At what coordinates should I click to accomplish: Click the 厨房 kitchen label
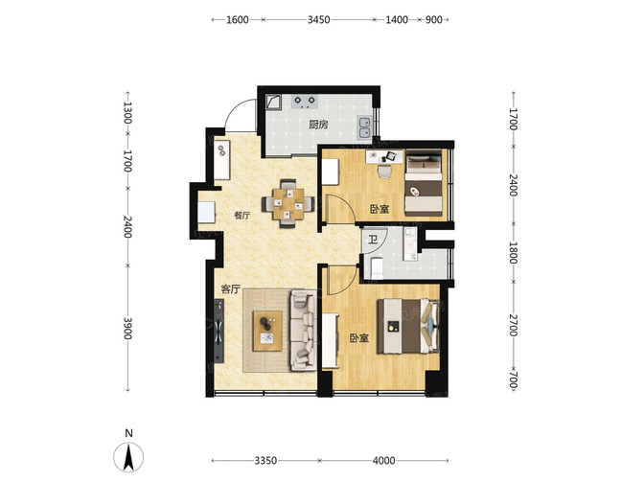coord(318,124)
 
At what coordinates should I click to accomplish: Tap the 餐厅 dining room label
coord(241,216)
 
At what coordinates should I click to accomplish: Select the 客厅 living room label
coord(230,289)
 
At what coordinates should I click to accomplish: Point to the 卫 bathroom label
coord(373,239)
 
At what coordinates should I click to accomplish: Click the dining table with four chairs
coord(288,204)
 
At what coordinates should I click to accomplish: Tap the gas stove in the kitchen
coord(305,102)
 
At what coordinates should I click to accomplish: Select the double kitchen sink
coord(364,127)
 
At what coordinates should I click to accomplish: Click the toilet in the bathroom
coord(377,267)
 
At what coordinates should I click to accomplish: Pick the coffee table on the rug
coord(267,331)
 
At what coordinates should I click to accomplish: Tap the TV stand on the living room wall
coord(218,331)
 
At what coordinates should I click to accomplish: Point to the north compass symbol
coord(128,457)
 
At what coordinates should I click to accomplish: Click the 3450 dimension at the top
coord(319,20)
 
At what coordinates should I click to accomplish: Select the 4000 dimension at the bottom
coord(383,461)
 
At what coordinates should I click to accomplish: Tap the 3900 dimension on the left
coord(127,328)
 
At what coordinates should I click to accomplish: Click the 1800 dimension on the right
coord(513,253)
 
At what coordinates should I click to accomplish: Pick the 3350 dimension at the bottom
coord(265,461)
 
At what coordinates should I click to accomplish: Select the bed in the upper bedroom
coord(424,183)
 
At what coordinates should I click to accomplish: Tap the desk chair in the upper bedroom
coord(384,172)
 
